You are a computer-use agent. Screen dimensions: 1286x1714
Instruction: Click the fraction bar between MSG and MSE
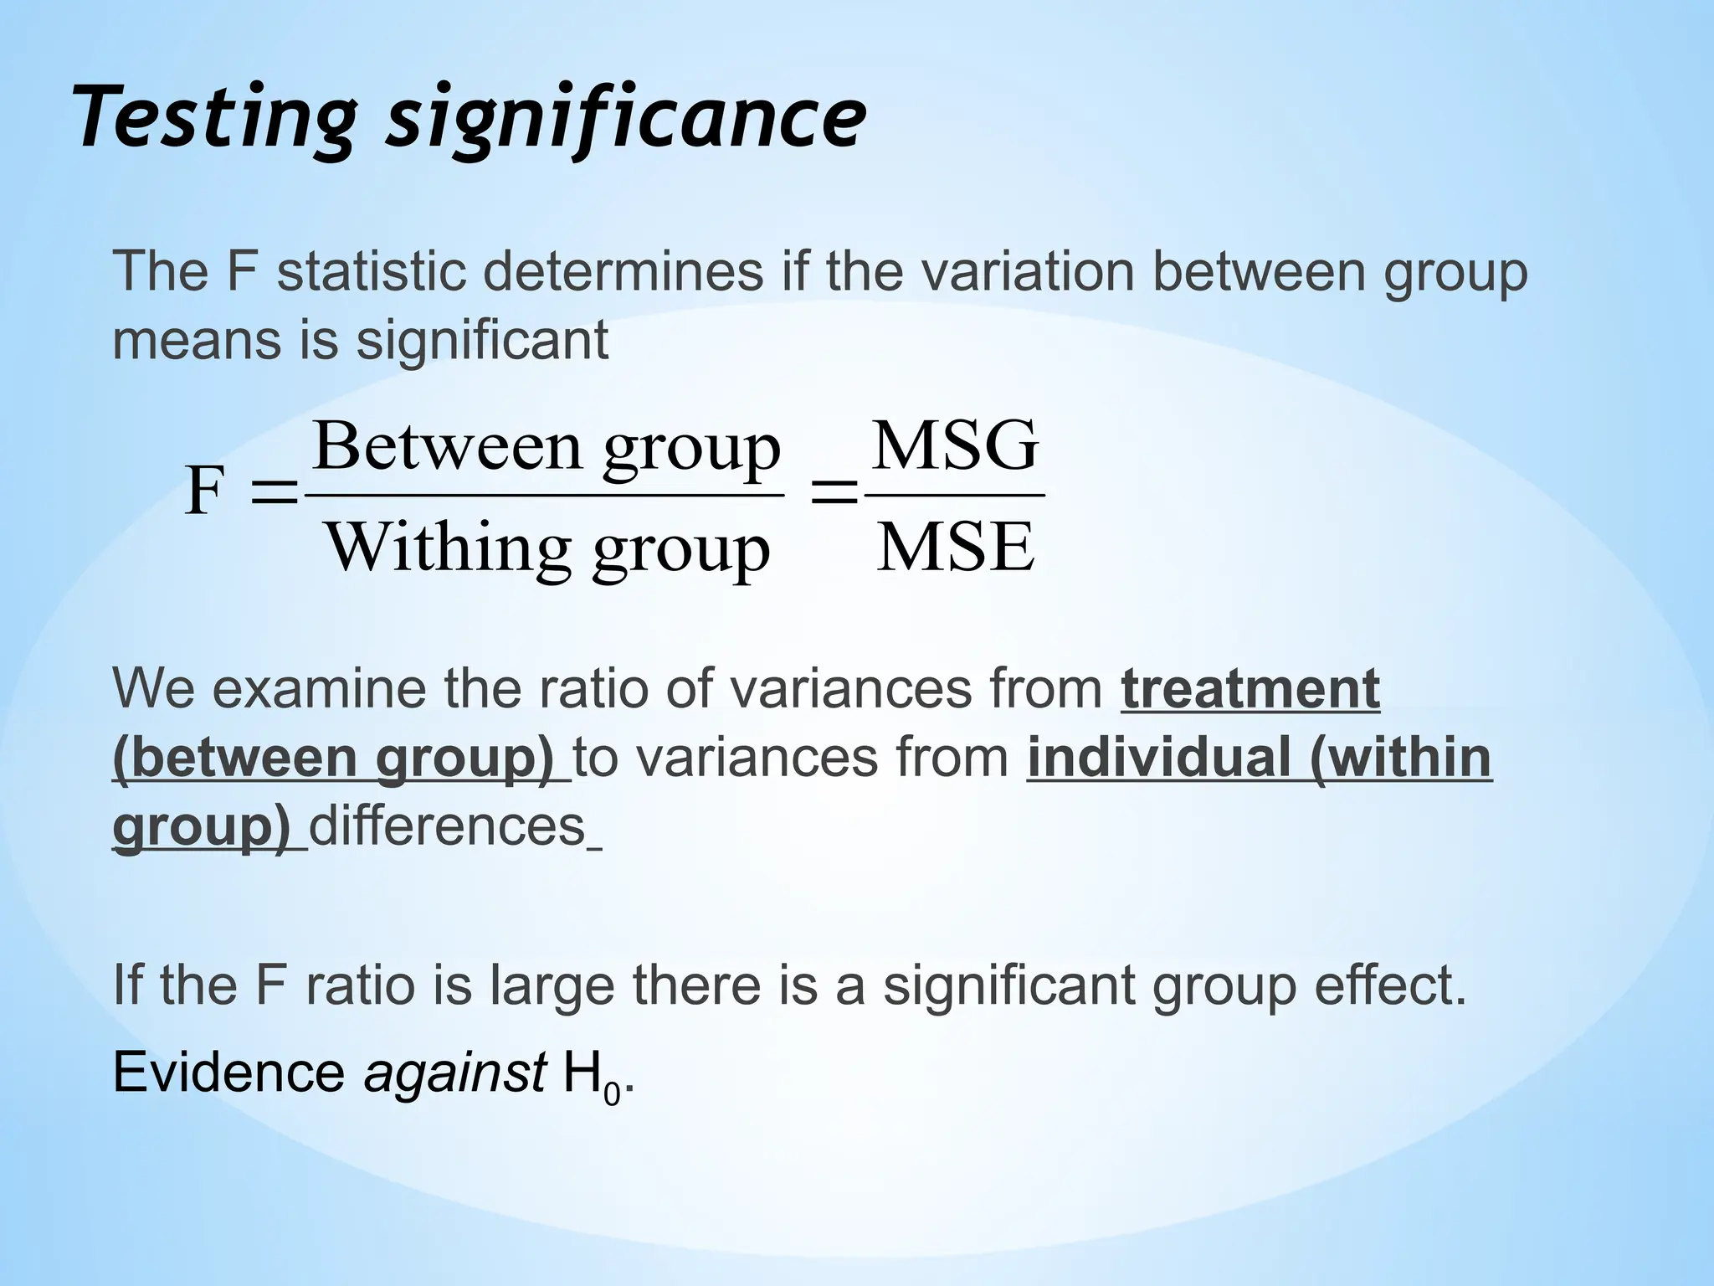955,496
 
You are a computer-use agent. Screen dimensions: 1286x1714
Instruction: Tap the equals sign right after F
274,493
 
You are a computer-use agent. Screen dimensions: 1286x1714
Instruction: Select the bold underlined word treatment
1250,689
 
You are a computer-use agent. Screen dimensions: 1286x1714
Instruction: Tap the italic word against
454,1073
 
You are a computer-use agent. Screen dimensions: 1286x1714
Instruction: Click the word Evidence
228,1073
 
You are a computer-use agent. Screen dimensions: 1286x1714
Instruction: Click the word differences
448,826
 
